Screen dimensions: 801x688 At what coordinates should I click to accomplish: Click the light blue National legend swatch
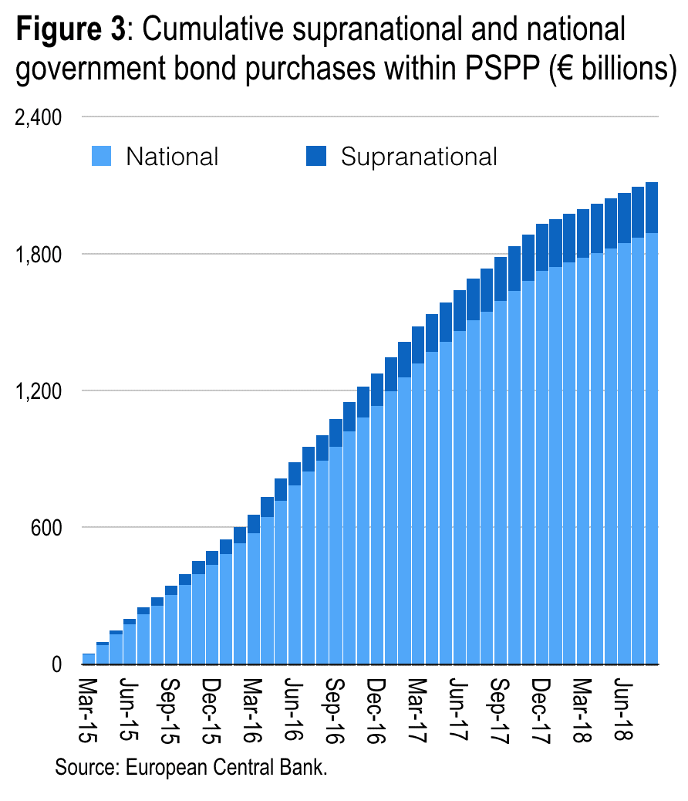click(x=102, y=157)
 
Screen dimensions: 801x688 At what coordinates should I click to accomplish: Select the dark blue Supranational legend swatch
click(x=317, y=157)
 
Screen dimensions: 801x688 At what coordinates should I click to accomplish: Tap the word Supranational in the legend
click(x=419, y=157)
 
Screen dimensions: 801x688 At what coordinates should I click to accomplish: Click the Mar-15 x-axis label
click(x=89, y=711)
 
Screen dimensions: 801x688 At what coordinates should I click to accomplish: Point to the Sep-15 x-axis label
click(x=171, y=711)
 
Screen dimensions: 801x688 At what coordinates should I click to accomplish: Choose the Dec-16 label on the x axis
click(x=377, y=711)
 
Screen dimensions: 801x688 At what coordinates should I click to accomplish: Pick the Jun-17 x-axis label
click(x=460, y=711)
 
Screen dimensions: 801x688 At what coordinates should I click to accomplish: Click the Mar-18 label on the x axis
click(x=583, y=711)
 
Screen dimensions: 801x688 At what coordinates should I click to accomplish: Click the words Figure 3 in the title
click(x=70, y=31)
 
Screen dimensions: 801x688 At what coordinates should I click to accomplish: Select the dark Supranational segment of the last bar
click(x=651, y=208)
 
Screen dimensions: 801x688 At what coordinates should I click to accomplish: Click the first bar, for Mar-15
click(x=89, y=659)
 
